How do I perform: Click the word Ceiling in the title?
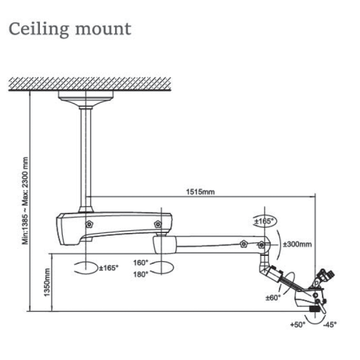(x=39, y=29)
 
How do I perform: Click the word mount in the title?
(x=103, y=30)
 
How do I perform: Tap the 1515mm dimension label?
(x=200, y=192)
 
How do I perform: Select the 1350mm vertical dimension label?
(x=47, y=282)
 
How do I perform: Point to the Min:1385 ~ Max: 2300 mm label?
(x=25, y=201)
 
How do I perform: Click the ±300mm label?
(x=297, y=244)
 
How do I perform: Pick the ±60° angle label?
(x=273, y=298)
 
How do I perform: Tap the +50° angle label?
(x=298, y=325)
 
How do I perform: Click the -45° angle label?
(x=330, y=325)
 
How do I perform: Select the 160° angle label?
(x=141, y=262)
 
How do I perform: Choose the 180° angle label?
(x=141, y=274)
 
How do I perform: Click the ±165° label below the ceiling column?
(x=109, y=268)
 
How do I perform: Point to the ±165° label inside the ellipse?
(x=264, y=221)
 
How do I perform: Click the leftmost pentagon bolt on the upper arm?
(x=89, y=224)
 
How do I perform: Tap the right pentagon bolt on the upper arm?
(x=158, y=224)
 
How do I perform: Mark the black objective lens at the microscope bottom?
(x=315, y=309)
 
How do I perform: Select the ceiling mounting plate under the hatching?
(x=86, y=96)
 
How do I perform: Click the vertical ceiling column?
(x=86, y=158)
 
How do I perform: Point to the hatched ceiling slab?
(x=90, y=84)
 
